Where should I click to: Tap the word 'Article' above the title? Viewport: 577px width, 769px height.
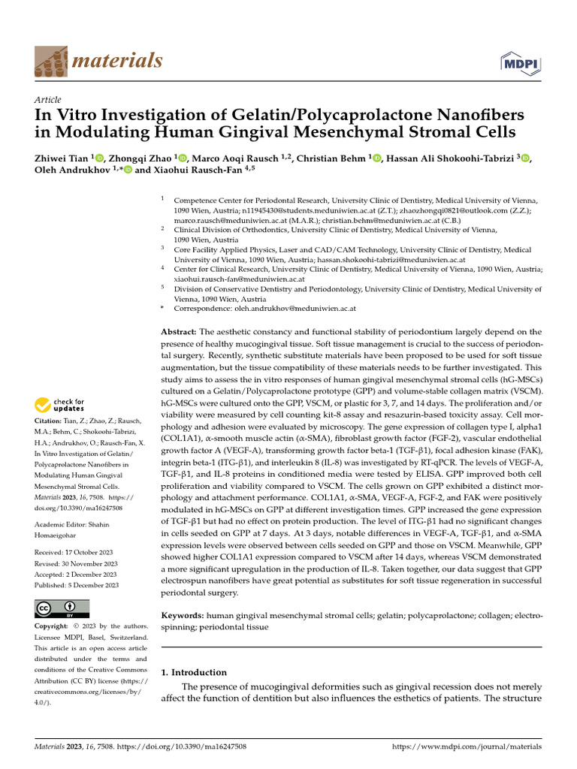[48, 100]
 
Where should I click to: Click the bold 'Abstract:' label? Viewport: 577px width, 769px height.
[179, 332]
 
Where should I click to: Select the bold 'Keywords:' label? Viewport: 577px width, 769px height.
[183, 615]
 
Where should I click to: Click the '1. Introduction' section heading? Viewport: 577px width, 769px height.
[194, 672]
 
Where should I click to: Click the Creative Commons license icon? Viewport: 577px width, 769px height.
[62, 609]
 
